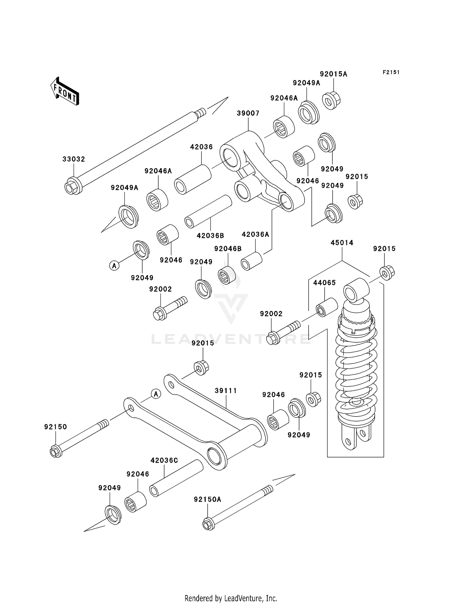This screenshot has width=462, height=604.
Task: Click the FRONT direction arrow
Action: [x=65, y=91]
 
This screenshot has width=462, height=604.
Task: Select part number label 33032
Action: [x=74, y=159]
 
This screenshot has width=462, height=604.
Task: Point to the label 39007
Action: [x=248, y=113]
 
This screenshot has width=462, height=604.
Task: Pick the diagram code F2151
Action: [x=391, y=72]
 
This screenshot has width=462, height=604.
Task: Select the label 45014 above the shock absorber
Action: [x=342, y=243]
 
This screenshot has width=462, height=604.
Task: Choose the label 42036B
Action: [x=210, y=236]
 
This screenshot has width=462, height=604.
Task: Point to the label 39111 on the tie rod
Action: [x=226, y=391]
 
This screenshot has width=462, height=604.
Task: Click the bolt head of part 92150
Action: [x=55, y=452]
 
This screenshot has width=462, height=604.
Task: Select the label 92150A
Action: [x=207, y=499]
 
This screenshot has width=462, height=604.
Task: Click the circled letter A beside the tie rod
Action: [x=156, y=394]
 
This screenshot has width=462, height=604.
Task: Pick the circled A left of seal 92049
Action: [x=114, y=265]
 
